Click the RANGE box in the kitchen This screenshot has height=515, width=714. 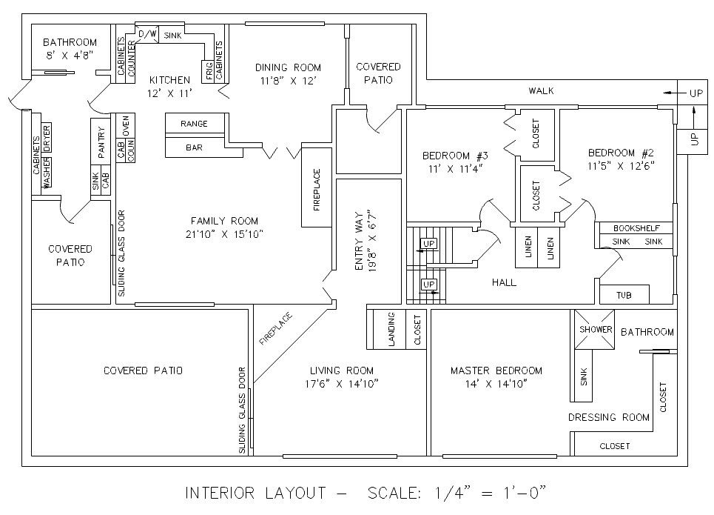click(194, 124)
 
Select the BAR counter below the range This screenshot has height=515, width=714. click(194, 148)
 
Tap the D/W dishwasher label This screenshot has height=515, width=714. click(148, 34)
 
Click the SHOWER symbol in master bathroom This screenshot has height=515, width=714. click(595, 329)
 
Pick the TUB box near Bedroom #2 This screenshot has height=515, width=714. click(624, 295)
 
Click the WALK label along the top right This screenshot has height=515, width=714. click(541, 91)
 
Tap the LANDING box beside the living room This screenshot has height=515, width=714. click(391, 328)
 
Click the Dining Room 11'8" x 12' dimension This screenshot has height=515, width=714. click(289, 80)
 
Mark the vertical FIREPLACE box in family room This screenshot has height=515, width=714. click(317, 190)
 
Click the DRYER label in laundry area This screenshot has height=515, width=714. click(47, 139)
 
